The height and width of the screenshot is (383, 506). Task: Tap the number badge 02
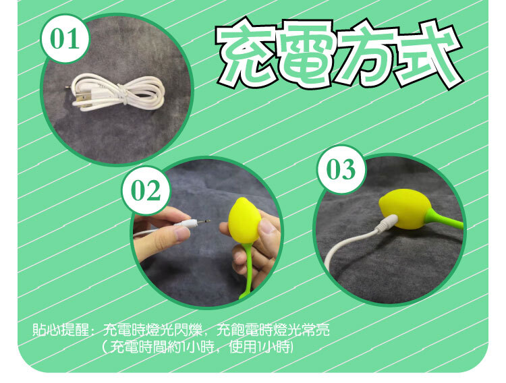click(146, 191)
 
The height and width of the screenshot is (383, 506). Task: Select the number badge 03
click(341, 169)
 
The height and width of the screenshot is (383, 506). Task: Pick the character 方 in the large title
click(368, 55)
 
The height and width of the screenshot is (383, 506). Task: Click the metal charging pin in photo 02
click(201, 222)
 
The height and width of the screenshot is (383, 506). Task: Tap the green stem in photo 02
click(248, 270)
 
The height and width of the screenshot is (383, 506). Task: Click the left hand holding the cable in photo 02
click(161, 233)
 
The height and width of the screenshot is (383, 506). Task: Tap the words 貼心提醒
click(61, 330)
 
